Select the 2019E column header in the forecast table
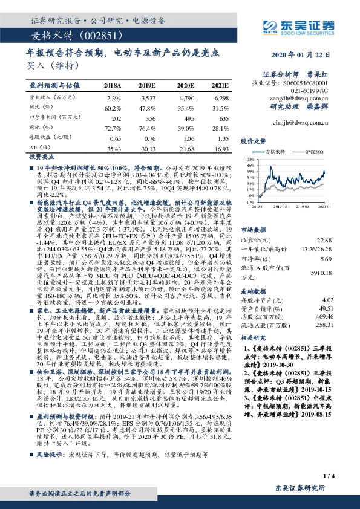pyautogui.click(x=148, y=86)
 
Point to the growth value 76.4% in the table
pyautogui.click(x=148, y=128)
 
